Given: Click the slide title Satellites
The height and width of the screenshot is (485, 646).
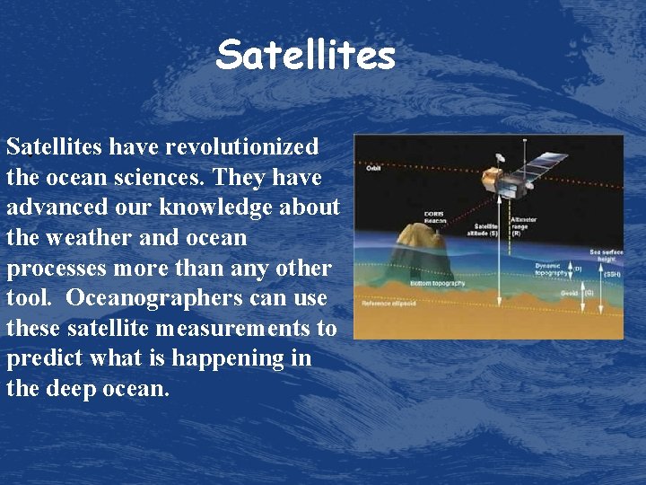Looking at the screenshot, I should point(305,56).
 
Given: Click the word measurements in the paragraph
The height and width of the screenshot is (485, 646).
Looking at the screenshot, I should point(231,328).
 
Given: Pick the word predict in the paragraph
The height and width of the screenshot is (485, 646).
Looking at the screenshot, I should point(44,358).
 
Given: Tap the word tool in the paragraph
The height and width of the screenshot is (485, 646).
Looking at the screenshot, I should point(27,297).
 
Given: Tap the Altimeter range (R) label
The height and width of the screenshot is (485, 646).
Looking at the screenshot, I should point(524,224).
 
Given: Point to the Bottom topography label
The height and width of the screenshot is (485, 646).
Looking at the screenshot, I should point(438,284).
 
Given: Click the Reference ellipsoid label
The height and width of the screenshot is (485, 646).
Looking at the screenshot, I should point(388,304).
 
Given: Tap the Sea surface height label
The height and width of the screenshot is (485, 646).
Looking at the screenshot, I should point(606,256).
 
